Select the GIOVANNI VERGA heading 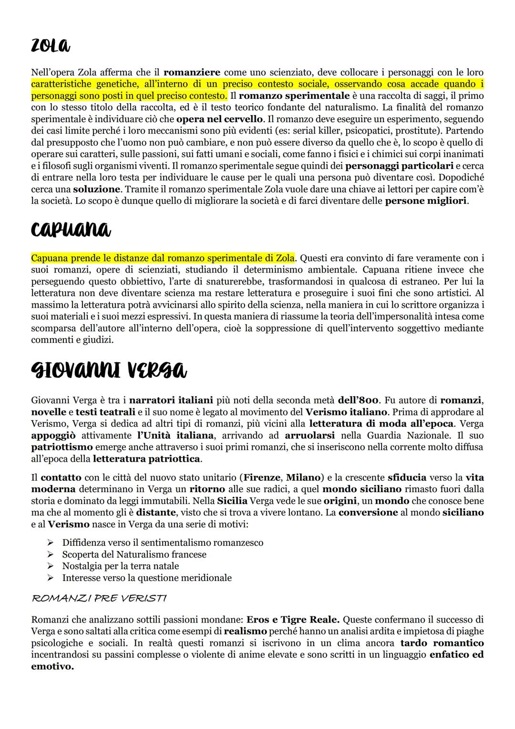coord(109,370)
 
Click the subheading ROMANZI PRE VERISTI coord(99,598)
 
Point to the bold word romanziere coord(192,73)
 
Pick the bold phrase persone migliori coord(426,201)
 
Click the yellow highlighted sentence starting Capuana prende coord(163,258)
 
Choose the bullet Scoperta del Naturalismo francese coord(134,554)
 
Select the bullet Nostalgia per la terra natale coord(120,566)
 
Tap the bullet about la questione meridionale coord(146,578)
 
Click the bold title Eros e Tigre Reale coord(293,620)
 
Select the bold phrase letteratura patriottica coord(147,459)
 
